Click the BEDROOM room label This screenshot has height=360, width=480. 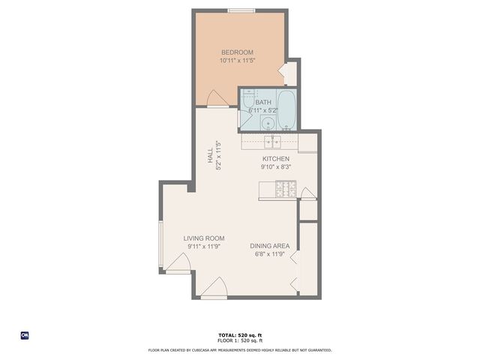point(236,52)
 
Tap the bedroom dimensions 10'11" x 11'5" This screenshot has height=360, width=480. point(236,60)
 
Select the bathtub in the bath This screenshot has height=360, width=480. point(287,109)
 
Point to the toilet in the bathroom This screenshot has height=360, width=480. point(250,98)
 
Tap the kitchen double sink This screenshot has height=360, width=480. point(271,140)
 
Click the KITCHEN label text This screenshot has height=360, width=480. point(275,159)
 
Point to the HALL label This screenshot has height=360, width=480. point(210,156)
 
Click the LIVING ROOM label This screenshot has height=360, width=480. point(205,238)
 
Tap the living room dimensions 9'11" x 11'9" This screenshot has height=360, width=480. point(205,247)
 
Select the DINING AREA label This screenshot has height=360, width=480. point(269,245)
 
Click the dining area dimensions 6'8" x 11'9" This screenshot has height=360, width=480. point(269,253)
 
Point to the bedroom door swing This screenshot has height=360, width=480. point(217,98)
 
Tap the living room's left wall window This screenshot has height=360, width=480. point(160,243)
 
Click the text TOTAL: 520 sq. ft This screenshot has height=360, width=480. point(239,334)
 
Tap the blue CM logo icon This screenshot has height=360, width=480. point(24,335)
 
